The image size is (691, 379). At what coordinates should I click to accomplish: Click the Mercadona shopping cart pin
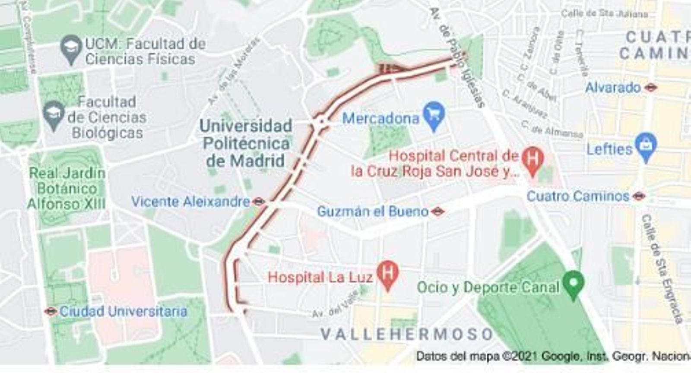[434, 115]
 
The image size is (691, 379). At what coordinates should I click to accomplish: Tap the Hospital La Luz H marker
[387, 275]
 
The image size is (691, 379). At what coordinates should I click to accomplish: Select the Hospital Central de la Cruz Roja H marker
[533, 159]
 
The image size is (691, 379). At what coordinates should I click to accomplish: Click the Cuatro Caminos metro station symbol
[639, 196]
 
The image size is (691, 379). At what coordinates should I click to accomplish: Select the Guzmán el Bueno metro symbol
[437, 212]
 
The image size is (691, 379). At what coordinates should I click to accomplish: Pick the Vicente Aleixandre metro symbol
[258, 202]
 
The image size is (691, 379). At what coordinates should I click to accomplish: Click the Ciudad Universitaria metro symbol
[51, 311]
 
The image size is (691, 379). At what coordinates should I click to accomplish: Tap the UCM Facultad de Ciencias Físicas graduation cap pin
[71, 48]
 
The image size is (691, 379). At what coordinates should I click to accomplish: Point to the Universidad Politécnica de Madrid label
[246, 143]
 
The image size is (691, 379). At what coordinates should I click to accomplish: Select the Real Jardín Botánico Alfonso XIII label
[67, 189]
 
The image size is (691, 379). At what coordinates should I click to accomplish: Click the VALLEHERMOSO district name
[407, 334]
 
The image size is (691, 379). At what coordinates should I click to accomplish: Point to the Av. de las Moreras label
[233, 71]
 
